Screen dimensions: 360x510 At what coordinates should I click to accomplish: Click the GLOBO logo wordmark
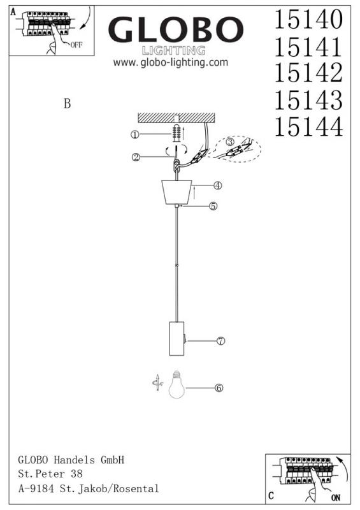tap(176, 29)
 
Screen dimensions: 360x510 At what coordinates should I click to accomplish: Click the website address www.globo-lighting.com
tap(171, 62)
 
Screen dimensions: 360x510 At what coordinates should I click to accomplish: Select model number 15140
tap(308, 19)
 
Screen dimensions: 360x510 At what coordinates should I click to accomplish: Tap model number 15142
tap(308, 73)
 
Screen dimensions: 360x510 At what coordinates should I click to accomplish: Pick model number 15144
tap(308, 126)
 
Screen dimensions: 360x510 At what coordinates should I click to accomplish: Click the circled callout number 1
tap(135, 135)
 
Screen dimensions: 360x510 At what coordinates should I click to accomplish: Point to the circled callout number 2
tap(136, 157)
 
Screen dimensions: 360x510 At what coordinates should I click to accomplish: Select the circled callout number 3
tap(230, 142)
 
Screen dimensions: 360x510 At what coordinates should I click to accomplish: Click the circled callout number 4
tap(217, 186)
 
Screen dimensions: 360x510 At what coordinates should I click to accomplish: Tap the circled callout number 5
tap(213, 206)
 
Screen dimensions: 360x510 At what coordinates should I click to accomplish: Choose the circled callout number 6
tap(219, 388)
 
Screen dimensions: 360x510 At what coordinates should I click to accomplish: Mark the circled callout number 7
tap(221, 341)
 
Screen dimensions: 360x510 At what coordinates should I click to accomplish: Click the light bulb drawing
tap(176, 384)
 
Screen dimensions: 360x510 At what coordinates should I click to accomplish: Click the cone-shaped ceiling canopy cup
tap(176, 193)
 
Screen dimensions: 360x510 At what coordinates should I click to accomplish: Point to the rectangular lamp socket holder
tap(176, 339)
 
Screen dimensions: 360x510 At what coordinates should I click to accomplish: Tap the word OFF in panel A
tap(76, 45)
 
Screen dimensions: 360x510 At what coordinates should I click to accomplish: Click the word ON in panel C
tap(336, 497)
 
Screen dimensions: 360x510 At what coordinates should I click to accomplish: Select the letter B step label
tap(68, 103)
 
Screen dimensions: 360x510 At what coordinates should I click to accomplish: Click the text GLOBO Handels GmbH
tap(71, 460)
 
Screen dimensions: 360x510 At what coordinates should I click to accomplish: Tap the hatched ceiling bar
tap(176, 118)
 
